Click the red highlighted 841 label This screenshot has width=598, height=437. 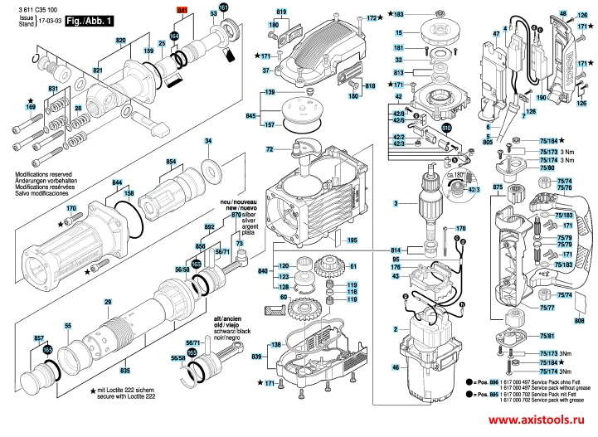click(x=183, y=9)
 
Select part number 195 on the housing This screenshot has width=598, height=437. click(x=352, y=240)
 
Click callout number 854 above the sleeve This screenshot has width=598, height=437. click(x=171, y=161)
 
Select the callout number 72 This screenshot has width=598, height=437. click(x=270, y=149)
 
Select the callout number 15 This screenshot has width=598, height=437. click(x=398, y=32)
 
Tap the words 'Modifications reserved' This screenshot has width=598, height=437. click(x=43, y=175)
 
